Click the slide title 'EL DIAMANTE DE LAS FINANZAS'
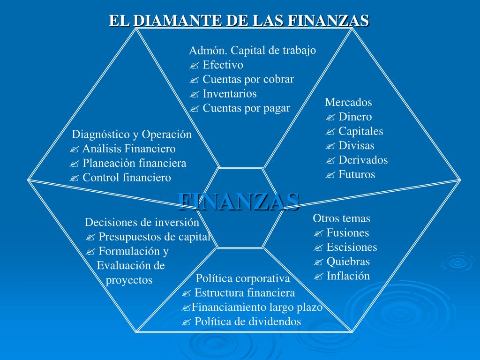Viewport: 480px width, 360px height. click(x=239, y=21)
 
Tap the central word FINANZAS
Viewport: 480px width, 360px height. click(x=239, y=201)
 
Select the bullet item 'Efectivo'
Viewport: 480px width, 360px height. click(x=223, y=65)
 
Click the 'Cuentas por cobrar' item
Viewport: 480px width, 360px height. click(x=248, y=79)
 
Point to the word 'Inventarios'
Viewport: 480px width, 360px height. click(x=230, y=94)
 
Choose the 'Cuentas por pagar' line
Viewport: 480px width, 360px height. click(x=246, y=108)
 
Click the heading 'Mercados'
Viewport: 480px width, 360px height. click(x=348, y=102)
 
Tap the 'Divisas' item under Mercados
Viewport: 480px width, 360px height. click(x=356, y=145)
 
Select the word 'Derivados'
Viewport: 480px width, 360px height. click(x=363, y=160)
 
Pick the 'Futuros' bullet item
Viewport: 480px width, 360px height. click(x=357, y=174)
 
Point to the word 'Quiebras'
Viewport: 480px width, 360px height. click(x=348, y=262)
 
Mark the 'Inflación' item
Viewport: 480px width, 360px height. click(x=348, y=276)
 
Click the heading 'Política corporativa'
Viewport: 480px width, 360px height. click(x=243, y=278)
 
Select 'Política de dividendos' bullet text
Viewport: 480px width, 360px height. click(x=247, y=322)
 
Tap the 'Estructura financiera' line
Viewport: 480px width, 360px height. click(x=245, y=293)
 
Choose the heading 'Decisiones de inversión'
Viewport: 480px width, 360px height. click(x=142, y=222)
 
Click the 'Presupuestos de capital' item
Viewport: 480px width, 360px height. click(x=154, y=237)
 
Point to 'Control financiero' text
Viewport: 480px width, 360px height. click(x=127, y=178)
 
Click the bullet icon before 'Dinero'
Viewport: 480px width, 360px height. click(x=330, y=117)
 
